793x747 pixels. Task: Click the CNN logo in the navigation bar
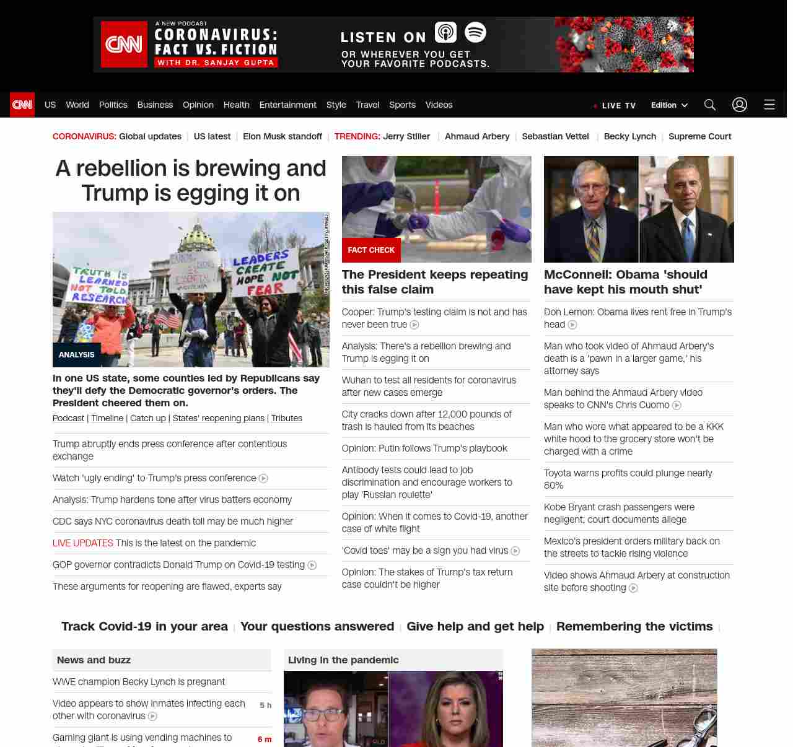click(22, 105)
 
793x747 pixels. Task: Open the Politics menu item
click(113, 105)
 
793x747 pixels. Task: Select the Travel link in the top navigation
click(367, 105)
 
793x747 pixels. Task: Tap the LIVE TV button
click(615, 105)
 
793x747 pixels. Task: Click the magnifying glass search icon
click(710, 105)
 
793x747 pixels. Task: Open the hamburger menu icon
click(769, 105)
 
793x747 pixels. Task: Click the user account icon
click(740, 105)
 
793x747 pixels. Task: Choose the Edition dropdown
click(669, 105)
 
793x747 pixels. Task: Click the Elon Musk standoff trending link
click(283, 136)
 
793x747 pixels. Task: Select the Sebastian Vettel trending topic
click(555, 136)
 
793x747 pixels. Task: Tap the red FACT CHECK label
click(371, 250)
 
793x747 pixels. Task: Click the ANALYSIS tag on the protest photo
click(77, 354)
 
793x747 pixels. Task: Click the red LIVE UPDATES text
click(83, 543)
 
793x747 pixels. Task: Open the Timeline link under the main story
click(107, 418)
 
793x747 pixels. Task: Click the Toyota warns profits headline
click(628, 479)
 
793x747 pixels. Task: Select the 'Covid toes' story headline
click(425, 551)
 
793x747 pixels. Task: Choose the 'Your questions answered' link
click(317, 626)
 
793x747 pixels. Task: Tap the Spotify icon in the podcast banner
click(475, 32)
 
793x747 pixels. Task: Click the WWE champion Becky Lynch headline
click(139, 681)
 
